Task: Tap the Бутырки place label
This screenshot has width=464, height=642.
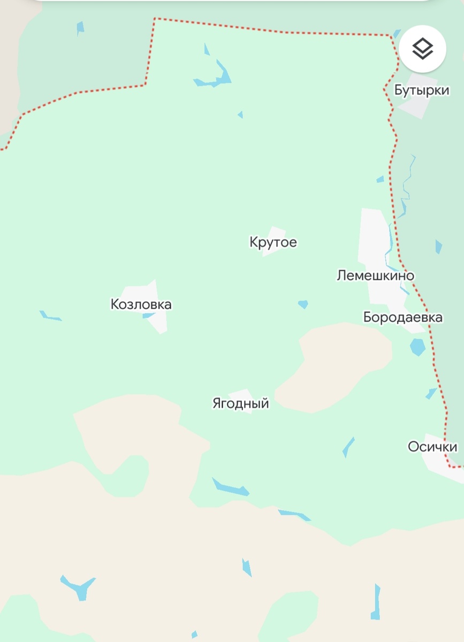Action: [x=422, y=90]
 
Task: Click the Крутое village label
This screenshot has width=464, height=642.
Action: [x=273, y=242]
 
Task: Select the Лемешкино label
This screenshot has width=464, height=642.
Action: [x=375, y=276]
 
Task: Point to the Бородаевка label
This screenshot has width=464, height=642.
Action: [x=402, y=317]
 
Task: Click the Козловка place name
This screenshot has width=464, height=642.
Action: [x=141, y=304]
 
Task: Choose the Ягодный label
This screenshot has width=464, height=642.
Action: [x=240, y=403]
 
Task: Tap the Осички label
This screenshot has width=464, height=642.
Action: [x=432, y=446]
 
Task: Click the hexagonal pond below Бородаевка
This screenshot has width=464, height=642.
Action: [x=417, y=347]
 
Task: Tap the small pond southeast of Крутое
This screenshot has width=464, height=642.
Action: [x=303, y=304]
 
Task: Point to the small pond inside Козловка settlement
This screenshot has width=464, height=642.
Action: [x=148, y=316]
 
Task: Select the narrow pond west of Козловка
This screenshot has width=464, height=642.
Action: [x=50, y=317]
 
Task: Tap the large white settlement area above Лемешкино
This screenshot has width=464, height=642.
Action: [x=373, y=235]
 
